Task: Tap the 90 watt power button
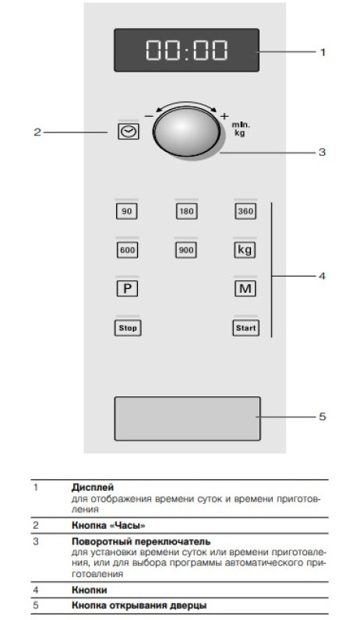(126, 211)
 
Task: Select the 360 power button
(245, 211)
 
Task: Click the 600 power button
(127, 250)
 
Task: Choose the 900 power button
(186, 250)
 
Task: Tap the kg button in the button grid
(245, 250)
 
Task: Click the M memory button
(245, 289)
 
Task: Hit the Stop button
(128, 328)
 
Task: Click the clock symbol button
(129, 132)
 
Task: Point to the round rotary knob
(187, 132)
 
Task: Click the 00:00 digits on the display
(187, 50)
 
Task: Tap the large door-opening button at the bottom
(188, 418)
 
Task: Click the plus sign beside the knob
(224, 116)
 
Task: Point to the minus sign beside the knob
(149, 116)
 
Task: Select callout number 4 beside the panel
(322, 276)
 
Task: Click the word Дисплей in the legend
(93, 487)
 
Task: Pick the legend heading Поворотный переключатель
(141, 541)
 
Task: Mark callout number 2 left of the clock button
(37, 132)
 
